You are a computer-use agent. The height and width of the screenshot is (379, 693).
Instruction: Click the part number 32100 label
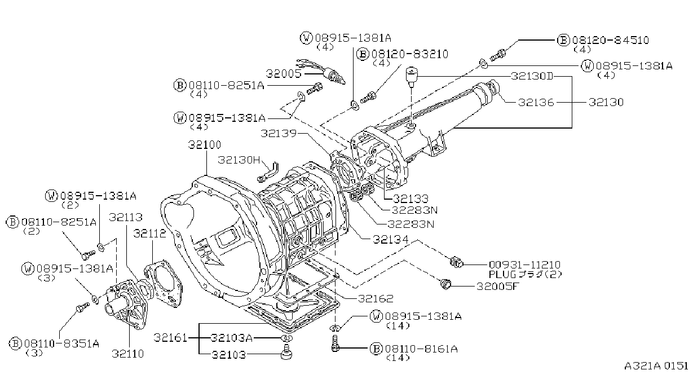coord(205,145)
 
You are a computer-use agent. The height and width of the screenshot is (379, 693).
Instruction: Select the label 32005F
coord(497,287)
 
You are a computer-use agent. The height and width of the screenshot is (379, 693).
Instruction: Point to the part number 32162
coord(376,298)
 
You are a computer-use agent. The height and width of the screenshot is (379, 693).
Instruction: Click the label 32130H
coord(239,160)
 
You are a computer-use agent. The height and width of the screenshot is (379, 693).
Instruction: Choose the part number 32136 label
coord(536,103)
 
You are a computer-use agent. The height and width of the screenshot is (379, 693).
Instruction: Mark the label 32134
coord(390,240)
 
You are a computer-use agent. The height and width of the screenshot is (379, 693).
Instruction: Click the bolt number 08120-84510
coord(611,40)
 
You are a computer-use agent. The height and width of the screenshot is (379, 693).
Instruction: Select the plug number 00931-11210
coord(525,265)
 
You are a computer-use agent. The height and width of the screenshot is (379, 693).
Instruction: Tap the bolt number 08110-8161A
coord(421,349)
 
